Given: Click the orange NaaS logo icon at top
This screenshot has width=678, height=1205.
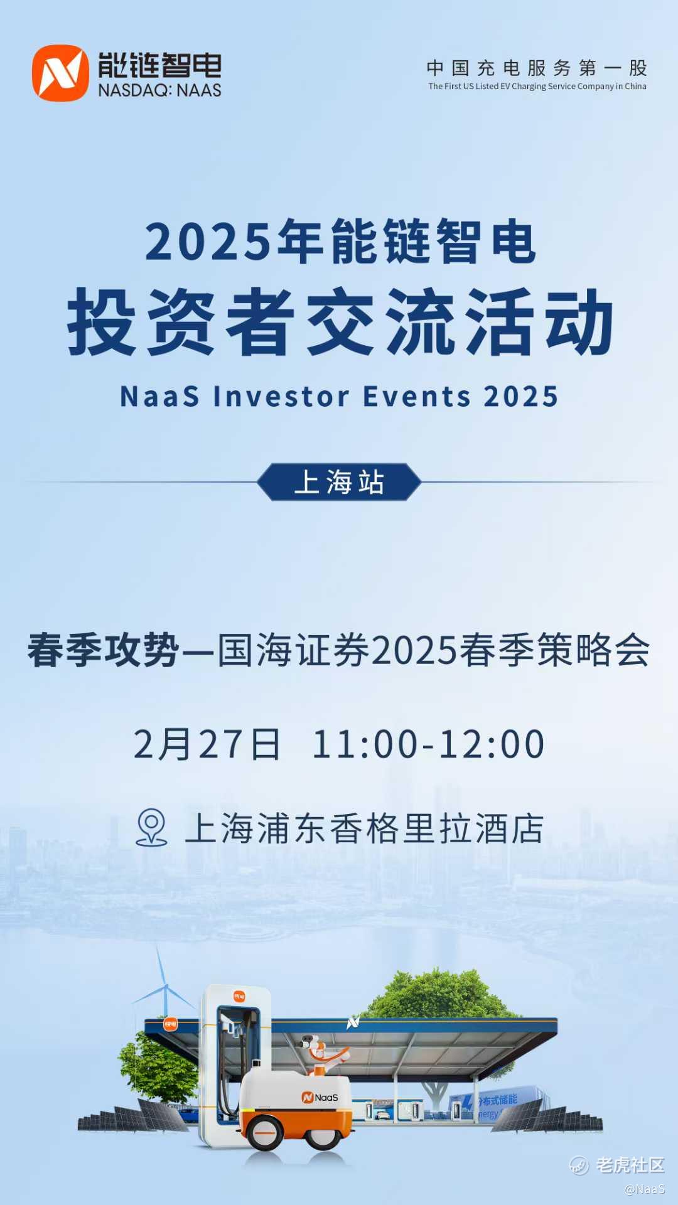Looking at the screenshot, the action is click(x=60, y=73).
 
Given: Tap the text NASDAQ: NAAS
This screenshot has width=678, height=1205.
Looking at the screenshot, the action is click(x=159, y=90).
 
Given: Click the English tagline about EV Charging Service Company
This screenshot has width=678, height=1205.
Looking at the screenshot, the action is click(x=537, y=87).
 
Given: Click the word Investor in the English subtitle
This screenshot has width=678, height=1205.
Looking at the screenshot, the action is click(x=281, y=397).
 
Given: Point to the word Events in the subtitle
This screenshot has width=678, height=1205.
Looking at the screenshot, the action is click(x=417, y=397).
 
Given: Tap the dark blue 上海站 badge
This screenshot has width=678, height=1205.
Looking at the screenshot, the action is click(x=339, y=482).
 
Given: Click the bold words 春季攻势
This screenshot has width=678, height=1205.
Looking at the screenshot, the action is click(x=104, y=650).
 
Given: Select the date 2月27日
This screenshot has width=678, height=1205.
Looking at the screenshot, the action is click(x=207, y=744).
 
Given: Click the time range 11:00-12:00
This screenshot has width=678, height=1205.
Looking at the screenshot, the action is click(x=428, y=744).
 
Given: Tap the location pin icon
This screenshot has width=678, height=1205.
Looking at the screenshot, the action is click(x=151, y=827).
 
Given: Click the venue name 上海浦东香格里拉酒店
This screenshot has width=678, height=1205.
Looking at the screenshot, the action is click(x=364, y=828).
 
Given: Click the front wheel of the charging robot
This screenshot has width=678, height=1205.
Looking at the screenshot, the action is click(x=264, y=1130).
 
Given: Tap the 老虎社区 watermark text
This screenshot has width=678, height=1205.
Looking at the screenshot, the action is click(x=630, y=1165).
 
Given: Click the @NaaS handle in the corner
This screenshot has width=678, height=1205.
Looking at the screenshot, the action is click(x=645, y=1189).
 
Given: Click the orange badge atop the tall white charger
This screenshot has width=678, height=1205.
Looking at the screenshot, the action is click(x=239, y=997).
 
